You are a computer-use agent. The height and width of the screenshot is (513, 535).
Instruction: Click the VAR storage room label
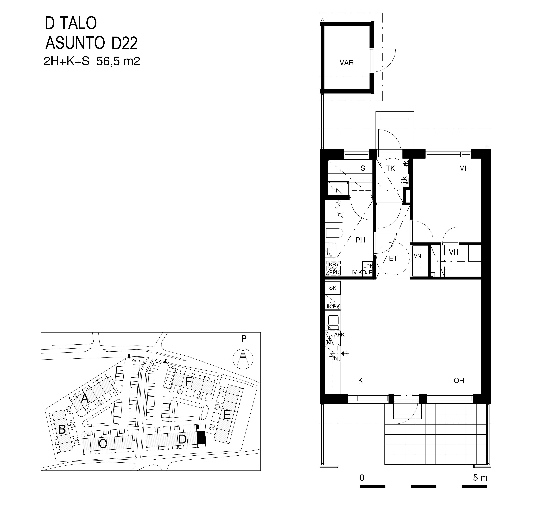347,63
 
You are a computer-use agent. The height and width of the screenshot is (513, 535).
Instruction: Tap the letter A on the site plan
85,399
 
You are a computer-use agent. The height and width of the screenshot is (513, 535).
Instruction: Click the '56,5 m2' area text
118,61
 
